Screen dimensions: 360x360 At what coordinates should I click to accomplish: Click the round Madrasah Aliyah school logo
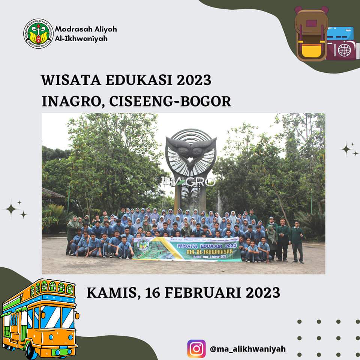(x=38, y=34)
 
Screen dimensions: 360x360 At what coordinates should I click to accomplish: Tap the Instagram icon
(x=196, y=349)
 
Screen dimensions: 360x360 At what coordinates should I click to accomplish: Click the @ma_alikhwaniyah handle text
(x=248, y=349)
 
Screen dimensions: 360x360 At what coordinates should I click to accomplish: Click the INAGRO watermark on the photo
(x=191, y=182)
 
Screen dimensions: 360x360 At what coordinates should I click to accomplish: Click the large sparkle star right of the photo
(x=346, y=149)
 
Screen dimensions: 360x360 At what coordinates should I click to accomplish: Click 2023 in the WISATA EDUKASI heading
(x=193, y=80)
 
